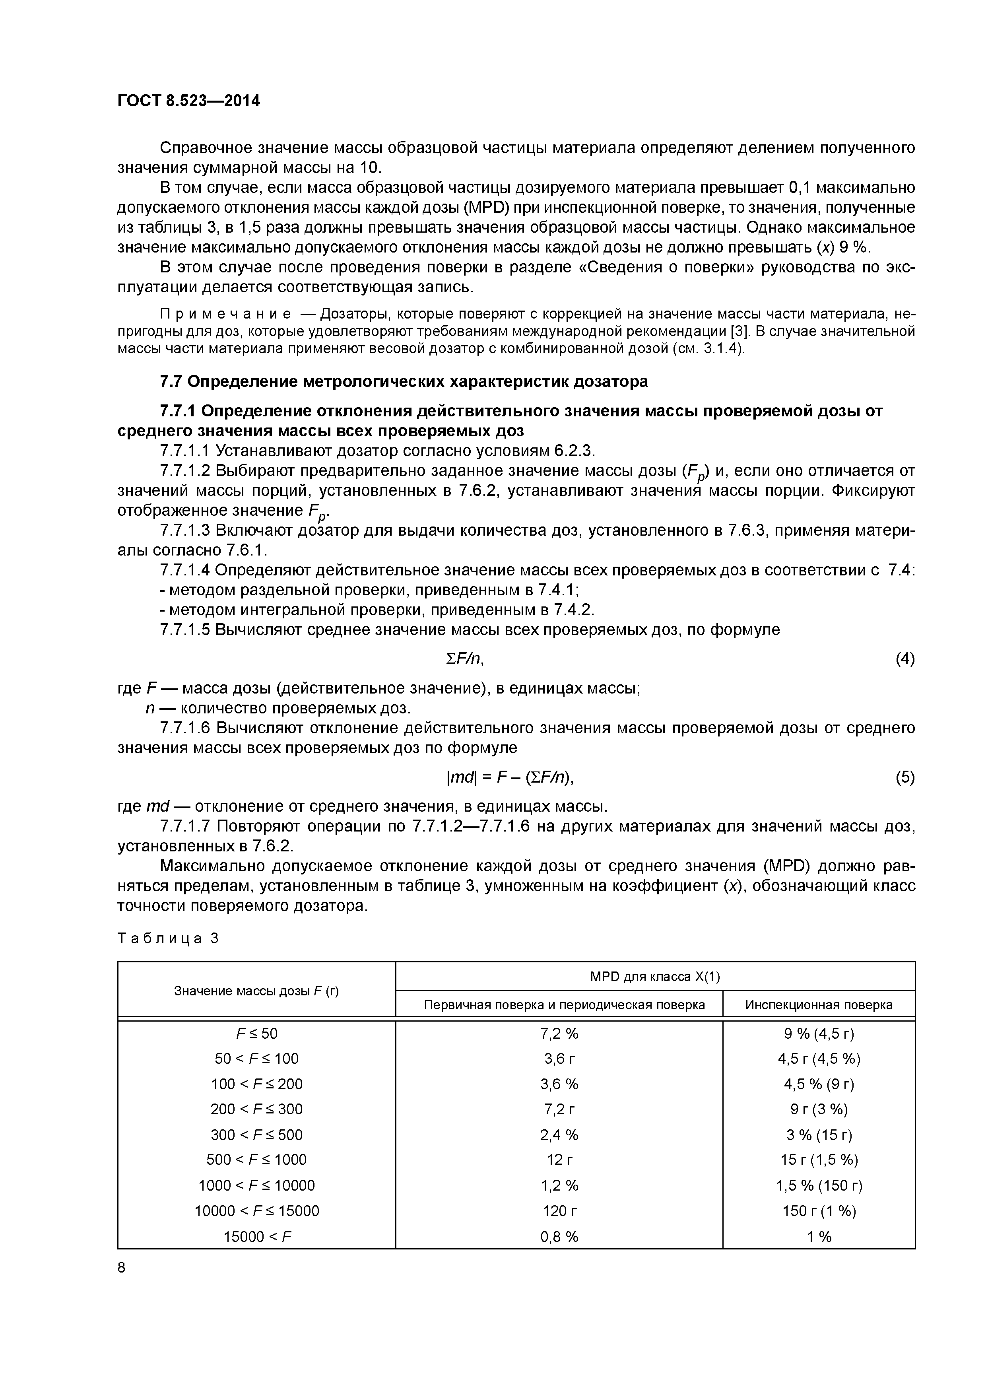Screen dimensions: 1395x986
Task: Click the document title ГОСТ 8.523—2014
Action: (x=188, y=101)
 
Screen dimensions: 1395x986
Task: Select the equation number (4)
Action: (x=904, y=659)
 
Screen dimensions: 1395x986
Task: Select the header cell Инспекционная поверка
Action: (x=818, y=1005)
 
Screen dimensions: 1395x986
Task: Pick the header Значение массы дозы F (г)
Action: (x=256, y=991)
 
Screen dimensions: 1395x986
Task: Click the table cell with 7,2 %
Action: (x=559, y=1034)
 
